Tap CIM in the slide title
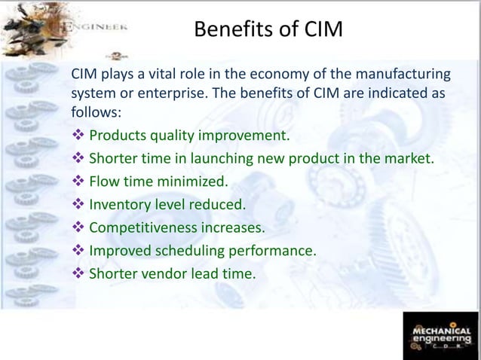[x=320, y=31]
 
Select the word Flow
[x=104, y=182]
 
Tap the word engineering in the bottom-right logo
[x=441, y=340]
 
